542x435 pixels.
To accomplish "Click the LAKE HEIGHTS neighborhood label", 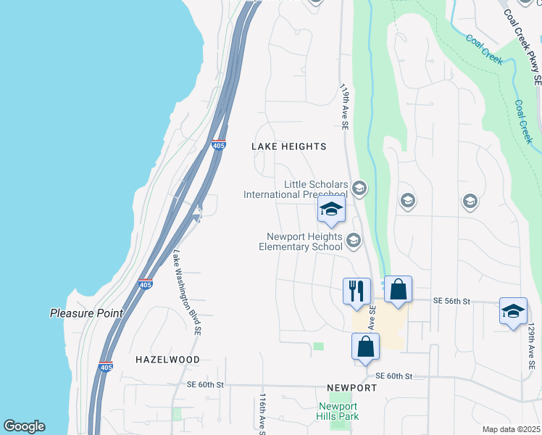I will pyautogui.click(x=288, y=146).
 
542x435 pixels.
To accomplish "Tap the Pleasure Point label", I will pyautogui.click(x=86, y=313).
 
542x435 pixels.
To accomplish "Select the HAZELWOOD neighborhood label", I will pyautogui.click(x=167, y=360).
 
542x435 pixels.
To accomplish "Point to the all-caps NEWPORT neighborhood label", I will pyautogui.click(x=351, y=388).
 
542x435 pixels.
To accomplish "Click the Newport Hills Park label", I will pyautogui.click(x=337, y=411).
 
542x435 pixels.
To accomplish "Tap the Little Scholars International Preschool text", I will pyautogui.click(x=296, y=190).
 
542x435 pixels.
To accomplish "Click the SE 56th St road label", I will pyautogui.click(x=451, y=300).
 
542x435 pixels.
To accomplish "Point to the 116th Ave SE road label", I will pyautogui.click(x=262, y=415).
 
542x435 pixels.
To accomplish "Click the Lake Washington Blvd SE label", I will pyautogui.click(x=185, y=293).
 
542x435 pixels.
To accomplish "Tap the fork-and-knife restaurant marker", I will pyautogui.click(x=357, y=291).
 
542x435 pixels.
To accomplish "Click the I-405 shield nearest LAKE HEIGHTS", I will pyautogui.click(x=219, y=145).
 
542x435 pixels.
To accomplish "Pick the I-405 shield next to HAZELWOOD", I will pyautogui.click(x=106, y=367).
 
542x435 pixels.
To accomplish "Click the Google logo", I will pyautogui.click(x=24, y=426).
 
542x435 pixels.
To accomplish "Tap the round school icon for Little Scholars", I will pyautogui.click(x=359, y=189).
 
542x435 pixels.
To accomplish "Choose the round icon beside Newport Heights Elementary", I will pyautogui.click(x=354, y=240).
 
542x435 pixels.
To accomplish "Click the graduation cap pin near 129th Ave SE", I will pyautogui.click(x=513, y=312).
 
